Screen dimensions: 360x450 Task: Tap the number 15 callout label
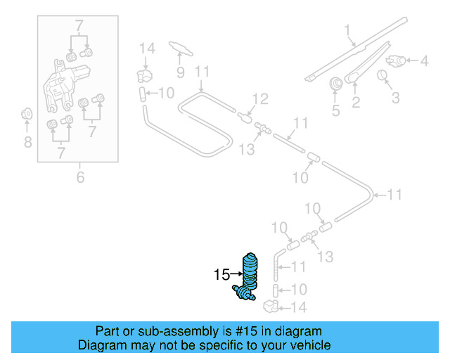tap(221, 275)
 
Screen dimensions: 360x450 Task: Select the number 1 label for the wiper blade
tap(347, 30)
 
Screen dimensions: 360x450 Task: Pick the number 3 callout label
tap(396, 97)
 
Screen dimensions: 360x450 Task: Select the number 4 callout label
tap(424, 61)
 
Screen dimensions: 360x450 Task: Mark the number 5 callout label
tap(335, 110)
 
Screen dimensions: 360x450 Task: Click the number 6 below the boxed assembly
tap(80, 178)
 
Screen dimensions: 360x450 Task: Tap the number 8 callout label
tap(27, 143)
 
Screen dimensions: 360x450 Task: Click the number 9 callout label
tap(180, 72)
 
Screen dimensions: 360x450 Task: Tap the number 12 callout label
tap(260, 98)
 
